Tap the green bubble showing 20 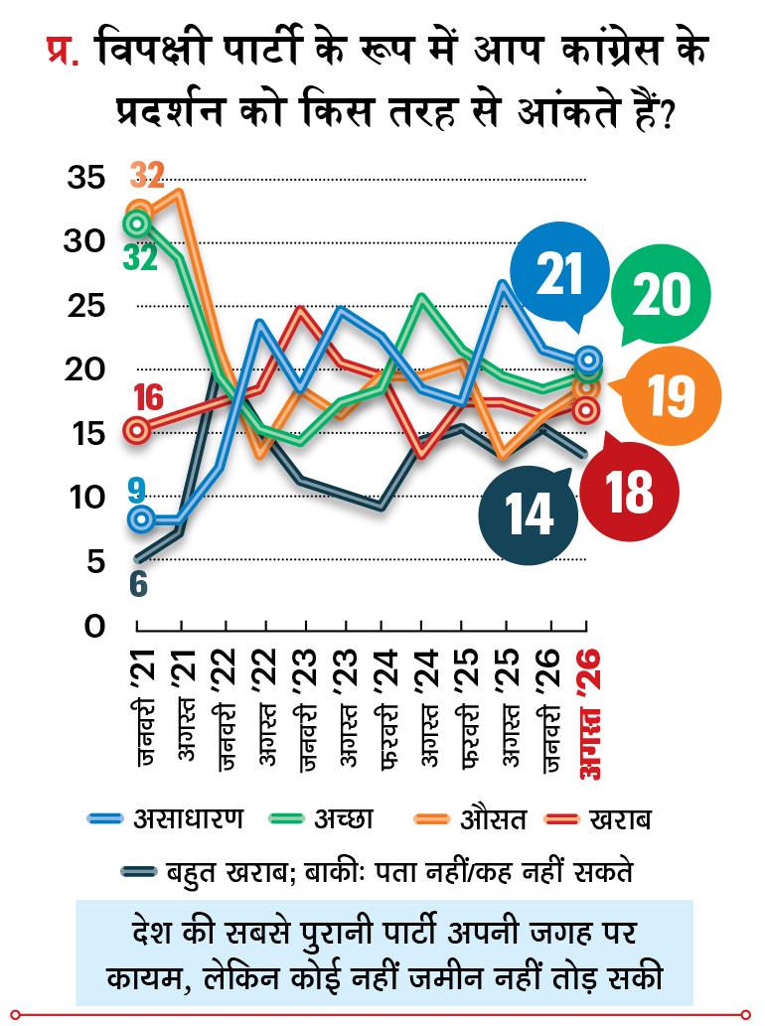(661, 294)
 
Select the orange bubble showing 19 (670, 396)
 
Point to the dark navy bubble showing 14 (529, 514)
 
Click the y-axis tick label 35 (85, 178)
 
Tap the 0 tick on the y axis (95, 626)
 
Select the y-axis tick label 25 (85, 306)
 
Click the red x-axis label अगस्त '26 (591, 712)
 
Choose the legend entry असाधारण (166, 818)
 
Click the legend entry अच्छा (322, 818)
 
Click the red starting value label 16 (149, 398)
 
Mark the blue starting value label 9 (137, 492)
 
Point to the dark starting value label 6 (139, 584)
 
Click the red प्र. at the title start (63, 51)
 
